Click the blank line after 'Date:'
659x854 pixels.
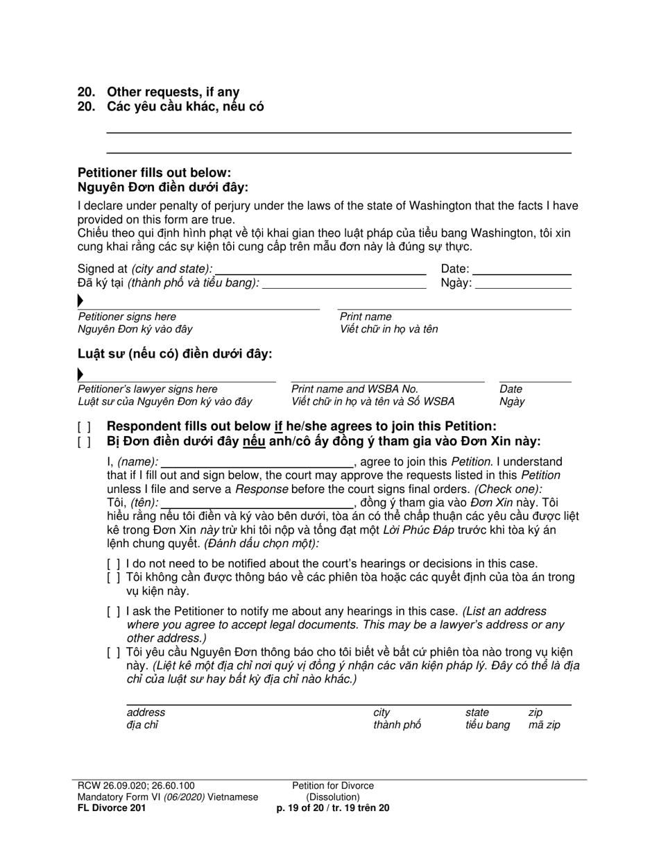pos(522,269)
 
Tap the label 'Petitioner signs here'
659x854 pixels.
pos(127,317)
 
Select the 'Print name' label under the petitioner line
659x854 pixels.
pos(366,317)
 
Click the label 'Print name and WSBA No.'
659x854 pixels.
pos(354,390)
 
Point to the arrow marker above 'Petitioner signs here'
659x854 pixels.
pos(80,301)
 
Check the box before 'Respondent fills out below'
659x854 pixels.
pos(84,427)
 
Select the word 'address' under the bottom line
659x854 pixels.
pos(146,712)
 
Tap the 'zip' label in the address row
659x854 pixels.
pos(536,712)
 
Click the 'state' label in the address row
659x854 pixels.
pos(477,712)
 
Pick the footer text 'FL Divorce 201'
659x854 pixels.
pos(112,808)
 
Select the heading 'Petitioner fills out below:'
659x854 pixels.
pos(155,173)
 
